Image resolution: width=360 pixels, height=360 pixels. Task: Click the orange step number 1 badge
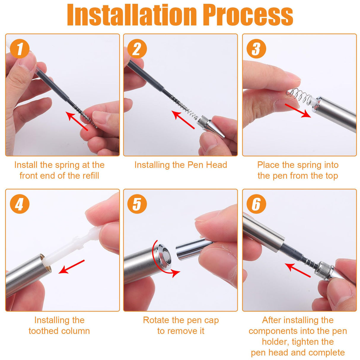(x=20, y=49)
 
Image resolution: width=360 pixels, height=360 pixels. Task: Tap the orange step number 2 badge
(x=137, y=49)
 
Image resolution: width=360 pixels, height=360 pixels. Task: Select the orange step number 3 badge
(x=256, y=49)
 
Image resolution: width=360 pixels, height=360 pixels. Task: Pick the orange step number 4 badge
(x=20, y=204)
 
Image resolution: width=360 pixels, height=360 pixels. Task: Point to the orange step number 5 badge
(x=137, y=204)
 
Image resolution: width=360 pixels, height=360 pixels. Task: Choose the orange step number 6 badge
(x=256, y=204)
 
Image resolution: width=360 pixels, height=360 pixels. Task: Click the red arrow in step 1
(x=77, y=121)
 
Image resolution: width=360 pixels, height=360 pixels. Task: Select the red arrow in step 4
(x=71, y=267)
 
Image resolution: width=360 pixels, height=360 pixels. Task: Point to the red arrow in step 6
(x=297, y=270)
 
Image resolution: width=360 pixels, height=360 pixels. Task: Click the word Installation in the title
(x=132, y=15)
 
